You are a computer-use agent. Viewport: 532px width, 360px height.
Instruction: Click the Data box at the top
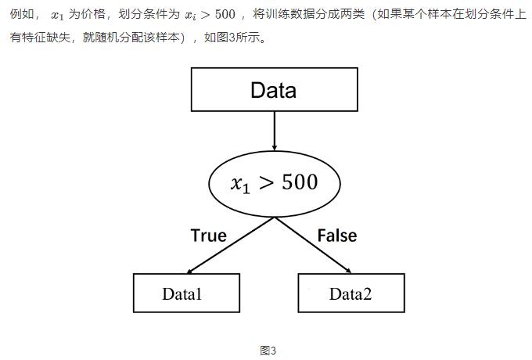[x=274, y=89]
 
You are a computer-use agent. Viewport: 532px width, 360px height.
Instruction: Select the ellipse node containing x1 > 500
[x=274, y=182]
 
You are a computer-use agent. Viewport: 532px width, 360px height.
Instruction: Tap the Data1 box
[x=186, y=293]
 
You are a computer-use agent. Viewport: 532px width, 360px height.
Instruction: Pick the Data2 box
[x=350, y=293]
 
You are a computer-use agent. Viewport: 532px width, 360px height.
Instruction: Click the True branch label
[x=208, y=236]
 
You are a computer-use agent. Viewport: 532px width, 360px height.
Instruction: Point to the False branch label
[x=337, y=236]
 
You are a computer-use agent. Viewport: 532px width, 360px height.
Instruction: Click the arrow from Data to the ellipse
[x=274, y=129]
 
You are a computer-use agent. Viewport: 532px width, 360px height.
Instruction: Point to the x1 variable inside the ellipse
[x=239, y=185]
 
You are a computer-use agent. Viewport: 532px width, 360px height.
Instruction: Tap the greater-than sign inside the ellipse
[x=266, y=183]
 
